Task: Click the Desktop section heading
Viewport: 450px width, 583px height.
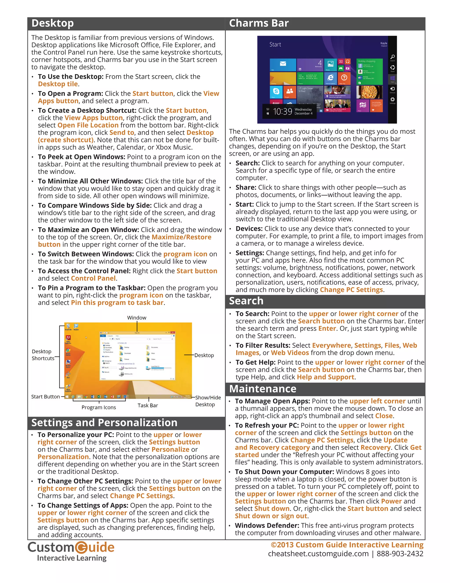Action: tap(53, 24)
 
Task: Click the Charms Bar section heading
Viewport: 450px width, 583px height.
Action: tap(259, 24)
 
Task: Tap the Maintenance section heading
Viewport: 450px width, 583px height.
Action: tap(263, 389)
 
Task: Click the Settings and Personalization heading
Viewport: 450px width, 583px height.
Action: tap(104, 423)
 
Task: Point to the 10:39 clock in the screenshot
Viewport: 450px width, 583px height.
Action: tap(283, 111)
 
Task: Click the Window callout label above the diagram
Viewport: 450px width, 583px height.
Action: tap(136, 318)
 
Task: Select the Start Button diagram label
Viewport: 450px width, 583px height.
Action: tap(45, 397)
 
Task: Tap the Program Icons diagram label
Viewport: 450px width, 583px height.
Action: tap(99, 407)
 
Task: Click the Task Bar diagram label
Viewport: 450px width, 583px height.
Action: tap(148, 405)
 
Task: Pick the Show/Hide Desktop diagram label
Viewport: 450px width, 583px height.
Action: tap(208, 401)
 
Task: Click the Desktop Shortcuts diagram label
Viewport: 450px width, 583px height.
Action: tap(43, 355)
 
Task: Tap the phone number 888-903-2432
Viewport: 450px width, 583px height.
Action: tap(400, 554)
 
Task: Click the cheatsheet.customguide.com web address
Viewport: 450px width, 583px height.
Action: tap(318, 554)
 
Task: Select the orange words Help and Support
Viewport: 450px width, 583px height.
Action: tap(325, 377)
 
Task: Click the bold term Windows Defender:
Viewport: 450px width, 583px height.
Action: tap(267, 525)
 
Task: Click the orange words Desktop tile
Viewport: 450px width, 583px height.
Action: tap(58, 84)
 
